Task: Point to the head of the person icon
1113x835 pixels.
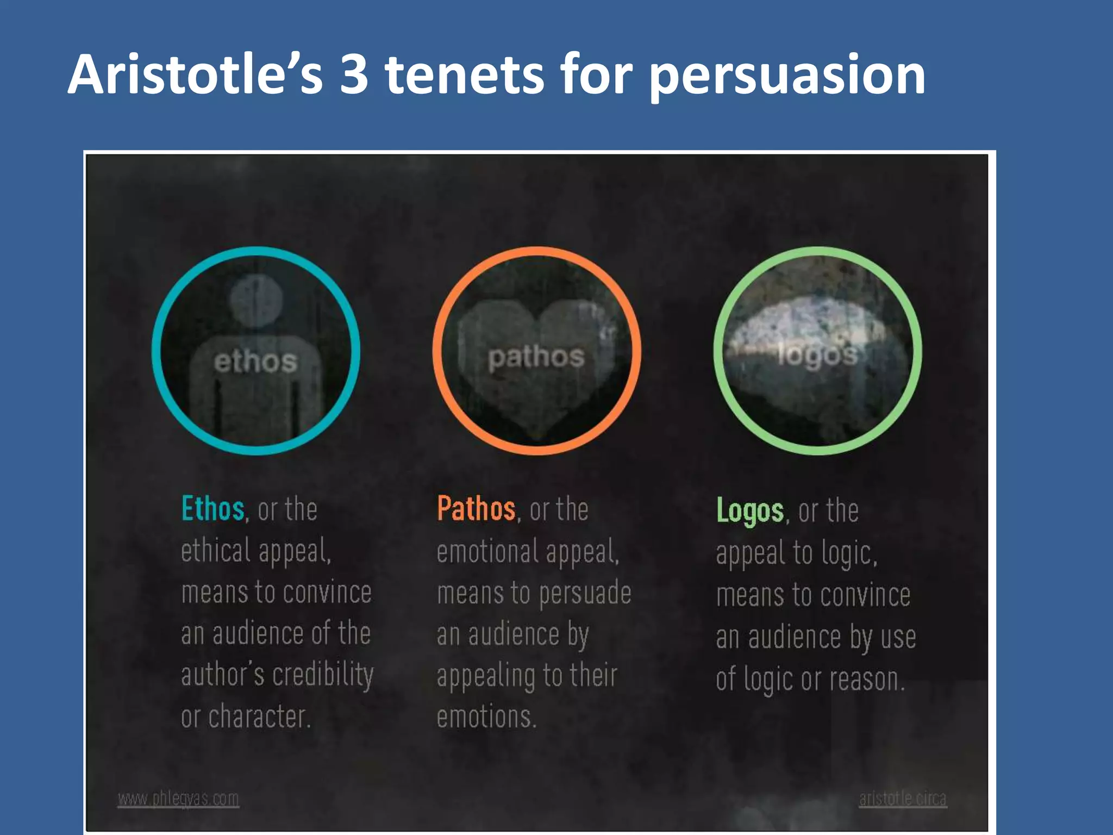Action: (x=255, y=300)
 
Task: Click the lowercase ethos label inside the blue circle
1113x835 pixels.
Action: (x=255, y=362)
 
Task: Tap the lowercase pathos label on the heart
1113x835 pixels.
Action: (x=536, y=357)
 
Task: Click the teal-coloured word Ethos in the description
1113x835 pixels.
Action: (x=212, y=509)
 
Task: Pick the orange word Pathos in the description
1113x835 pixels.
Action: (x=476, y=509)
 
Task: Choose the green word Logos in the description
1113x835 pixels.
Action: (x=750, y=511)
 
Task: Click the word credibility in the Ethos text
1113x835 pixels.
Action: (x=323, y=676)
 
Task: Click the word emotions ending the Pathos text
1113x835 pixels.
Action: (x=486, y=716)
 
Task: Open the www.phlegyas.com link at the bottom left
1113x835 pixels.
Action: (x=178, y=799)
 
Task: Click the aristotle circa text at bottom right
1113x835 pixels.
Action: (x=903, y=799)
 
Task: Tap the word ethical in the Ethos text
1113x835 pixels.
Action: (x=215, y=550)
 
